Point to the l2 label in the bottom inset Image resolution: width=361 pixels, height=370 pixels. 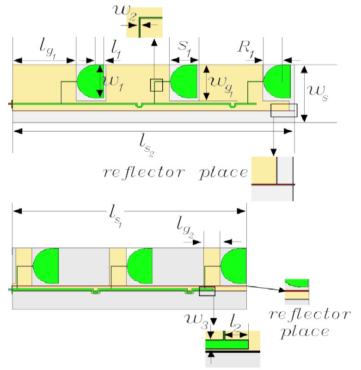coord(236,320)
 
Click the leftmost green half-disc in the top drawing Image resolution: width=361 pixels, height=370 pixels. coord(91,81)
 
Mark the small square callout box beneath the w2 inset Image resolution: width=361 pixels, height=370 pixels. coord(156,85)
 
